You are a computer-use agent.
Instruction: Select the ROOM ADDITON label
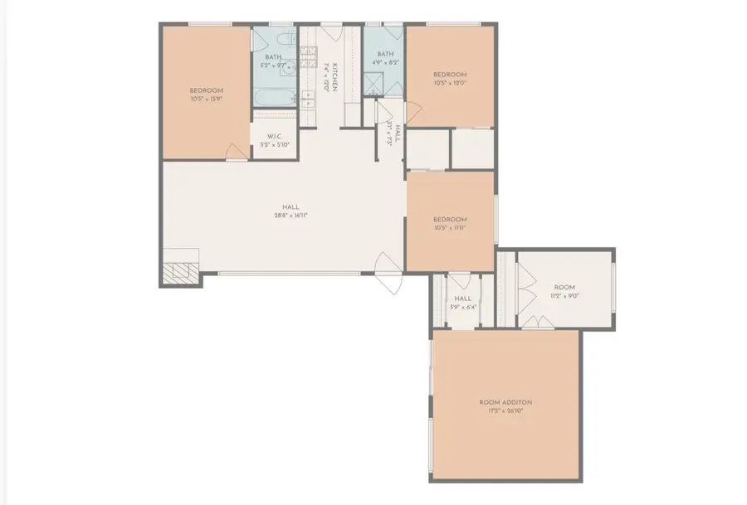pyautogui.click(x=505, y=402)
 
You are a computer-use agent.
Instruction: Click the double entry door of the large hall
pyautogui.click(x=388, y=271)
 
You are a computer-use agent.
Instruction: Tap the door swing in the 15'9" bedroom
pyautogui.click(x=237, y=149)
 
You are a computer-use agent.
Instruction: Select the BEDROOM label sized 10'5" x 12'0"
pyautogui.click(x=450, y=74)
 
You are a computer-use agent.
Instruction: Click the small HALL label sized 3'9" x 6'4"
pyautogui.click(x=462, y=299)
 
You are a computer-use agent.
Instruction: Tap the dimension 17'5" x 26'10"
pyautogui.click(x=505, y=410)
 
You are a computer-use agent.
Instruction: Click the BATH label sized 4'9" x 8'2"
pyautogui.click(x=383, y=54)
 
